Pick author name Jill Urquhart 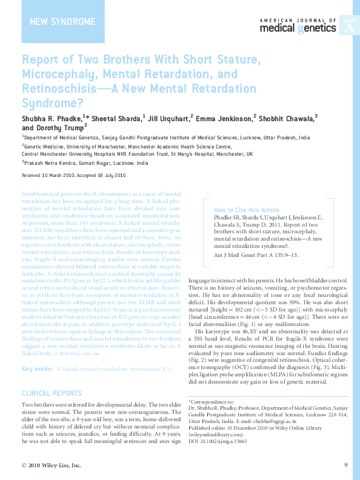[x=169, y=118]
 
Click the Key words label [x=36, y=368]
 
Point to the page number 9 [x=345, y=465]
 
